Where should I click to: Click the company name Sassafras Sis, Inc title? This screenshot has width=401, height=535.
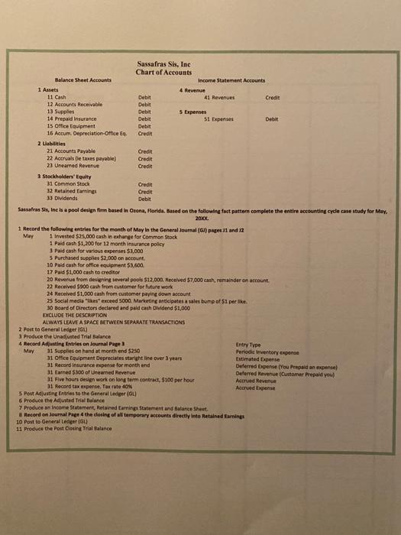166,64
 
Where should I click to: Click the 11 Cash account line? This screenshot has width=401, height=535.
57,97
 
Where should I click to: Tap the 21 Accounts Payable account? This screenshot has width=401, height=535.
74,151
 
